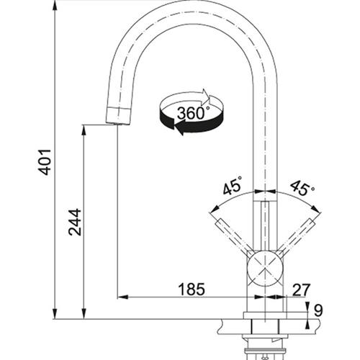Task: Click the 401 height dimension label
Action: click(x=45, y=162)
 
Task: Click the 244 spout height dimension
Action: click(x=75, y=222)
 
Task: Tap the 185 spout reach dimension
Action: click(x=192, y=289)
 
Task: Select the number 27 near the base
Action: click(x=302, y=289)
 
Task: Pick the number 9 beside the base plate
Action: click(x=318, y=310)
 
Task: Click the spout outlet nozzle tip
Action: click(x=118, y=116)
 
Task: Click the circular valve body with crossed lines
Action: click(x=265, y=269)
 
